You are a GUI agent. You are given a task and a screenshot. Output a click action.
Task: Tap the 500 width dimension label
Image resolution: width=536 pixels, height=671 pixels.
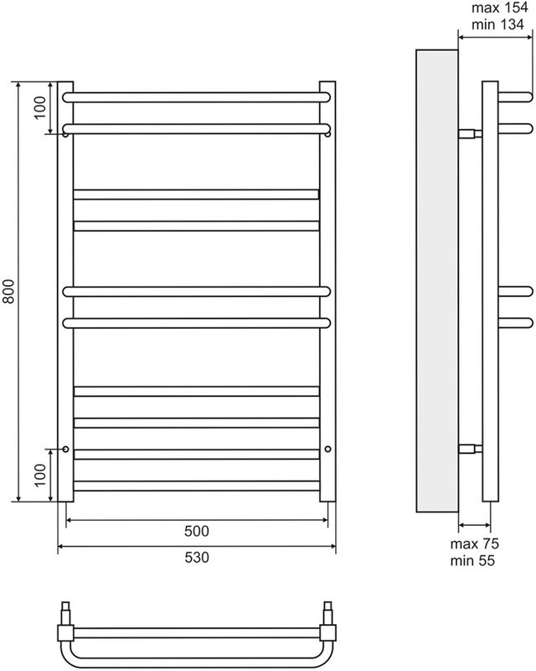tap(196, 532)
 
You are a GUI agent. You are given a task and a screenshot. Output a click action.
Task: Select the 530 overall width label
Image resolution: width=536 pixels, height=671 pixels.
tap(196, 558)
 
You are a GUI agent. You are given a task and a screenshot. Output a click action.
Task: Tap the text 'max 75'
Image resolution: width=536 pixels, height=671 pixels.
tap(475, 544)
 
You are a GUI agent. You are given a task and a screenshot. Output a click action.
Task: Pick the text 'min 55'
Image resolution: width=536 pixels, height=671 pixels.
tap(475, 559)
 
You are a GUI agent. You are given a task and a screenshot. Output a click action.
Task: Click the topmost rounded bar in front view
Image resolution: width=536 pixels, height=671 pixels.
tap(196, 96)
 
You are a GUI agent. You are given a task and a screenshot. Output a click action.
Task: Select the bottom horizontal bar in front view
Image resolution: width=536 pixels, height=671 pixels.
tap(196, 485)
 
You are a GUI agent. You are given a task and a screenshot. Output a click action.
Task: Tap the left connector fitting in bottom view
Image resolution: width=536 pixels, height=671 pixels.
tap(65, 625)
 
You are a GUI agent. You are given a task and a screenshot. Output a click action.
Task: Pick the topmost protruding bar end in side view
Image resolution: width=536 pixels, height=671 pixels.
tap(514, 95)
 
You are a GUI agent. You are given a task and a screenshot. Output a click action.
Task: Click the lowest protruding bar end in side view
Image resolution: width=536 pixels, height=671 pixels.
tap(514, 323)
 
